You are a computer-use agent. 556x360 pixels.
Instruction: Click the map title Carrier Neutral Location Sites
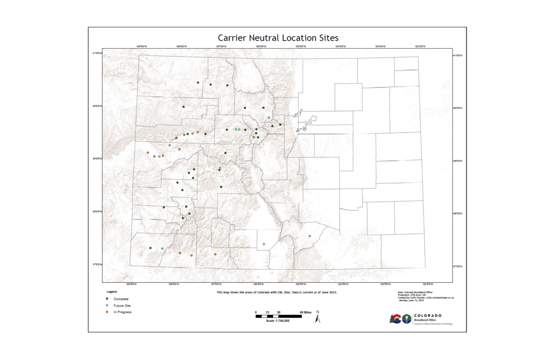click(x=278, y=38)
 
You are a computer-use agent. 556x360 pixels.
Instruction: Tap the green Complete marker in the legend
click(x=107, y=299)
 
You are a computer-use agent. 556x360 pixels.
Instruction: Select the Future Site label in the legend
click(x=122, y=305)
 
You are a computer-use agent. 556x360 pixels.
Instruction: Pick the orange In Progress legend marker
click(x=107, y=312)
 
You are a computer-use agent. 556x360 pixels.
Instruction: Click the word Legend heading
click(x=112, y=292)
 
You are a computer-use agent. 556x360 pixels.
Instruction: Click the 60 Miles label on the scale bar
click(x=306, y=312)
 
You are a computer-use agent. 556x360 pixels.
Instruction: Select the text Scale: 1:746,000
click(x=278, y=321)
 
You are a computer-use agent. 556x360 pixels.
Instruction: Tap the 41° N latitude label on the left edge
click(x=97, y=53)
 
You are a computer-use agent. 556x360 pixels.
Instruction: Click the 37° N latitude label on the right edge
click(x=458, y=266)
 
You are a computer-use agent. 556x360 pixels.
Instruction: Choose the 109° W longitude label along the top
click(x=142, y=46)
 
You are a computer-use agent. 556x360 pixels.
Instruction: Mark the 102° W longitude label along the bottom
click(x=428, y=284)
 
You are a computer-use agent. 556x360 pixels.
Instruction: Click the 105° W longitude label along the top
click(x=301, y=46)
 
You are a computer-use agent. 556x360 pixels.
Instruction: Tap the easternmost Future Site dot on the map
click(x=310, y=236)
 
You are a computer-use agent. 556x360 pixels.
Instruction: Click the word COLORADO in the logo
click(x=428, y=315)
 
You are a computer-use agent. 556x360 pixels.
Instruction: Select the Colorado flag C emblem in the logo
click(x=396, y=319)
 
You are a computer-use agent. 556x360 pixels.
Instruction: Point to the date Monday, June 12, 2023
click(x=411, y=300)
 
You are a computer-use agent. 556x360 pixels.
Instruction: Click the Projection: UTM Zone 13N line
click(x=412, y=295)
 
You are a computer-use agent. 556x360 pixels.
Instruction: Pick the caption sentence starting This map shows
click(x=277, y=292)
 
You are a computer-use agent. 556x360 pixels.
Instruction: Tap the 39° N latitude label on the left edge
click(x=97, y=159)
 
